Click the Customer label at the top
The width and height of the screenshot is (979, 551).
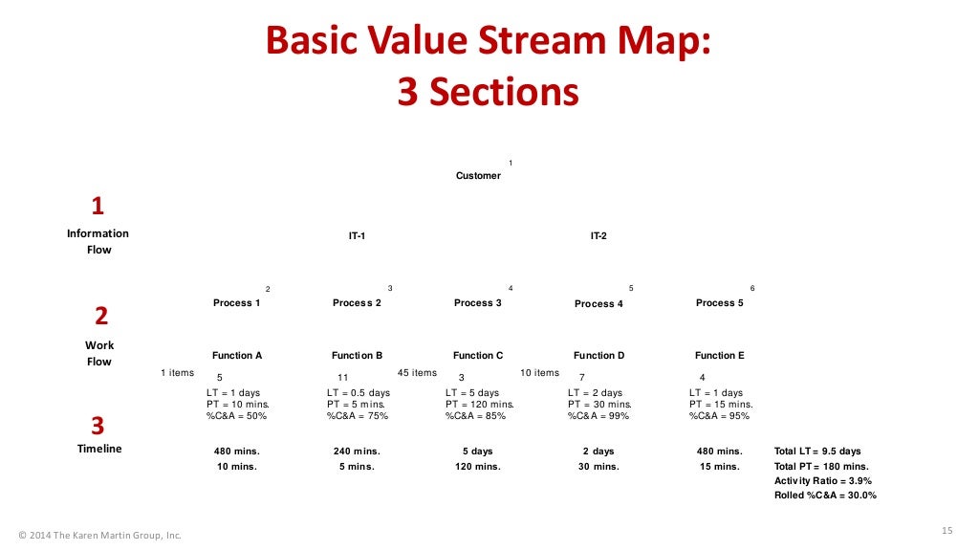coord(478,175)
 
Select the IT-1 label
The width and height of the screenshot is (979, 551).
coord(357,235)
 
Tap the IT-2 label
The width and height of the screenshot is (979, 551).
coord(598,235)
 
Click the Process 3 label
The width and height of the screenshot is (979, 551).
coord(478,303)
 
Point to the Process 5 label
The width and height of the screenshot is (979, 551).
coord(720,303)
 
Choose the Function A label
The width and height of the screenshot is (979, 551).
coord(237,355)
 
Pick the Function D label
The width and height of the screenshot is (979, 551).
coord(598,355)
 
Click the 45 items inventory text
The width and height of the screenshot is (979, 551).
coord(417,373)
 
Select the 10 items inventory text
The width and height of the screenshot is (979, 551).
coord(539,373)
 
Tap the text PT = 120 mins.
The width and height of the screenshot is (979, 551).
coord(480,405)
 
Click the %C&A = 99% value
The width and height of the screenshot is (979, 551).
coord(599,416)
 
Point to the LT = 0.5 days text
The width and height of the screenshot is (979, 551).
coord(359,393)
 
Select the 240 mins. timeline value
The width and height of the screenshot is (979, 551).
coord(356,451)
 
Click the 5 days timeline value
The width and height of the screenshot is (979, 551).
coord(477,451)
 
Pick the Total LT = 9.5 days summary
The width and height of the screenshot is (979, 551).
coord(817,451)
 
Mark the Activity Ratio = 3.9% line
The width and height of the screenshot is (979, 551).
coord(823,480)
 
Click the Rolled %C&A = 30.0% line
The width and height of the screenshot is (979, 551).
coord(825,496)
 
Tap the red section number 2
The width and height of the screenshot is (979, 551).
coord(100,317)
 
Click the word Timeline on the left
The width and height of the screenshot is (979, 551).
coord(99,449)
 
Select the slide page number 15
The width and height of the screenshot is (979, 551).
coord(947,531)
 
